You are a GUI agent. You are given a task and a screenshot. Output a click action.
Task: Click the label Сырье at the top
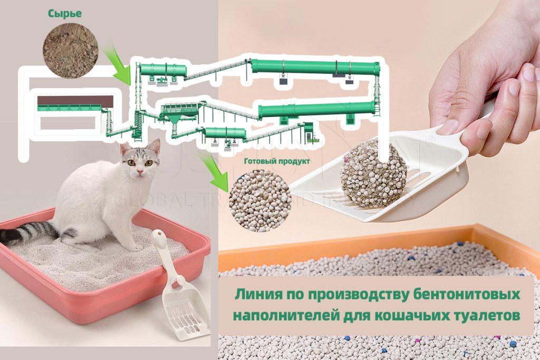65,14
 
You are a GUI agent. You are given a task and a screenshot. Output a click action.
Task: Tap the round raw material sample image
70,50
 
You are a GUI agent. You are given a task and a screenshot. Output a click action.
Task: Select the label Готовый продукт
277,161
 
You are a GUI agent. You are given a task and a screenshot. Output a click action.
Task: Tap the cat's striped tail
29,232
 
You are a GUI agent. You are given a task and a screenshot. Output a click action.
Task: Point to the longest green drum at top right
315,67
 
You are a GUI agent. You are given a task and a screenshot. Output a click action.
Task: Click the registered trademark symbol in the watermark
432,142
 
